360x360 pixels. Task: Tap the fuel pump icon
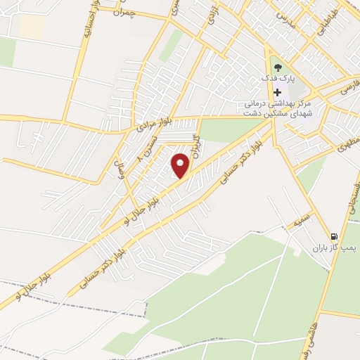(x=334, y=237)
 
